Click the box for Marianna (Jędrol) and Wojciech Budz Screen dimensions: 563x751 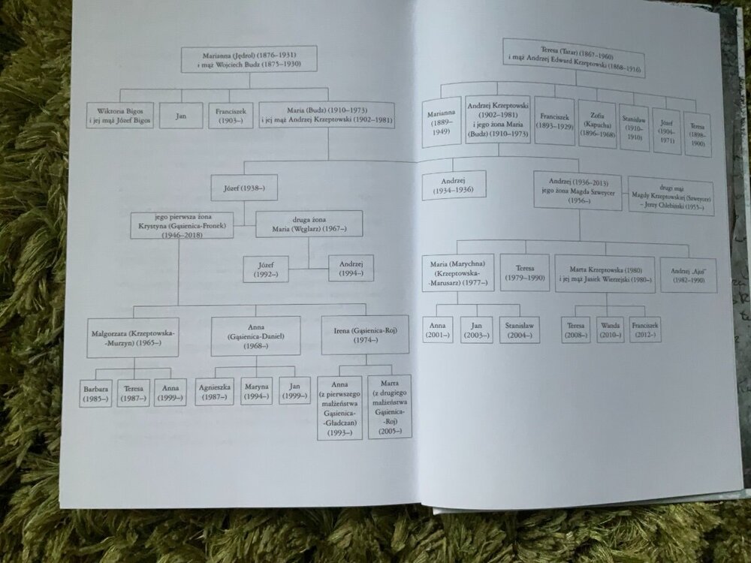point(249,59)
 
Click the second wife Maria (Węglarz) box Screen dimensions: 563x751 point(309,224)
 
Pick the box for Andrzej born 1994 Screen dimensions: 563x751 point(351,269)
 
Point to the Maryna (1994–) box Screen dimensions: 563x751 point(256,390)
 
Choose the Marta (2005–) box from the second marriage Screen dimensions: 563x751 point(390,406)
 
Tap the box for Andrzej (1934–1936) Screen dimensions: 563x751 point(454,185)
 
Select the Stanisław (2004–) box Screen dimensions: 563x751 point(520,330)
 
